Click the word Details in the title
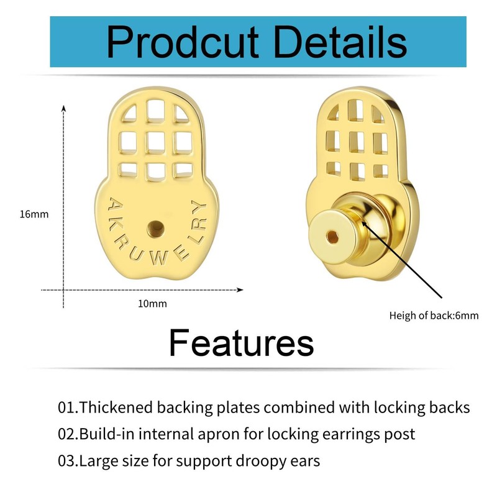pyautogui.click(x=335, y=42)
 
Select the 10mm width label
pyautogui.click(x=152, y=304)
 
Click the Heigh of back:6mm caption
pyautogui.click(x=434, y=315)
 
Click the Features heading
pyautogui.click(x=241, y=342)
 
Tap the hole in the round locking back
pyautogui.click(x=334, y=235)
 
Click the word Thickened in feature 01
pyautogui.click(x=116, y=408)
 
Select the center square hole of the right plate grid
pyautogui.click(x=356, y=140)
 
